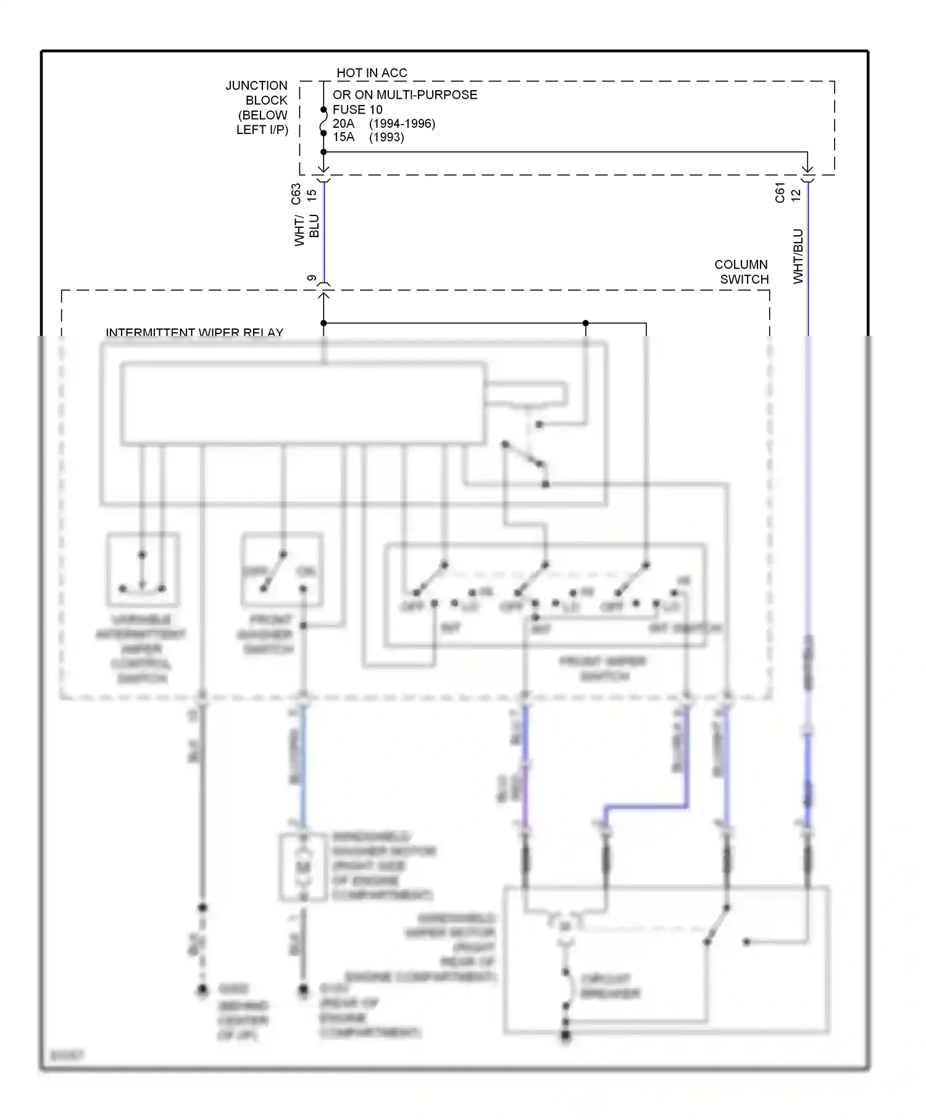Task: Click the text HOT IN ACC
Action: (x=372, y=73)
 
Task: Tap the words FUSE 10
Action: (x=357, y=109)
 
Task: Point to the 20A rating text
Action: (x=343, y=123)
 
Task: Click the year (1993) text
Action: (x=386, y=137)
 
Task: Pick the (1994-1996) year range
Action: (x=402, y=123)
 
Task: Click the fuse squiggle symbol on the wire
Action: (x=323, y=122)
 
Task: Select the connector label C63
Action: (x=296, y=194)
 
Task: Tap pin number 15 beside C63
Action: (x=312, y=194)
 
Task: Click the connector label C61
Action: (x=780, y=193)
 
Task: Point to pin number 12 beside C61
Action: (x=796, y=194)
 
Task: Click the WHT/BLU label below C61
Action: (x=798, y=256)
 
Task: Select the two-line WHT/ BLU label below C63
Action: (x=307, y=230)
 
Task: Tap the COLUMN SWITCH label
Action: (x=741, y=272)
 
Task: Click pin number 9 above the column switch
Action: (x=312, y=279)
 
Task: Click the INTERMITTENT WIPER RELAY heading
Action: (x=194, y=332)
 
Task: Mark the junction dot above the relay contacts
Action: (x=585, y=323)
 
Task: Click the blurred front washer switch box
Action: (x=282, y=569)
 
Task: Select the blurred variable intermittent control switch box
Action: (x=143, y=569)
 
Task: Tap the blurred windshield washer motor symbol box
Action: (x=302, y=867)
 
